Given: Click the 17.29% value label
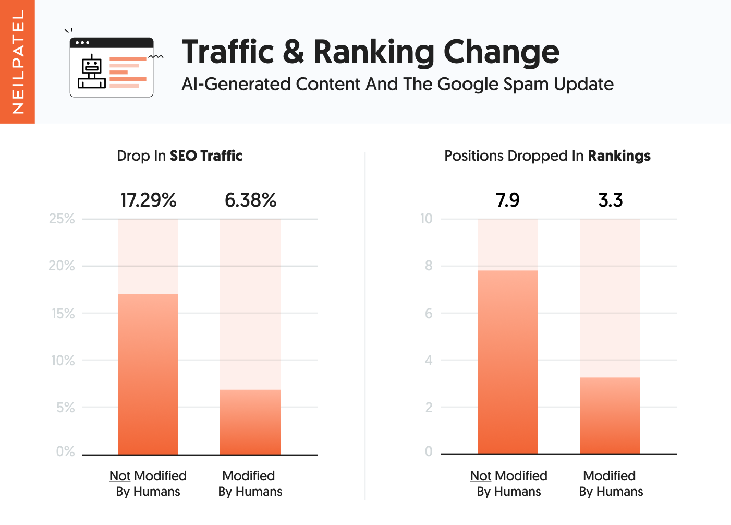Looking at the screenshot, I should coord(148,200).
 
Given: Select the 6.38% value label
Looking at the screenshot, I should coord(250,200).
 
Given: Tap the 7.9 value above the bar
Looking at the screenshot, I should coord(507,200).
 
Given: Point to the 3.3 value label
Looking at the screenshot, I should coord(610,200).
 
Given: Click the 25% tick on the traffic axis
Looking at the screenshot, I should coord(62,219).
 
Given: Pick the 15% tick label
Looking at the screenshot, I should coord(63,314).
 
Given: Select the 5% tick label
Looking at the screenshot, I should coord(66,408).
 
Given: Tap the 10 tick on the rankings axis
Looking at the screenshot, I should coord(426,219).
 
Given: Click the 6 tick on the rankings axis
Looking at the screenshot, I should coord(429,314).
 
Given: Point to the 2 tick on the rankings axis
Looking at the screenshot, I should coord(429,408).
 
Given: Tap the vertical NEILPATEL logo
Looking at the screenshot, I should coord(17,62).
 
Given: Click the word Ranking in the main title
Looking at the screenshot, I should coord(373,52).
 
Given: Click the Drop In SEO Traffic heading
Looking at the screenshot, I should coord(179,156).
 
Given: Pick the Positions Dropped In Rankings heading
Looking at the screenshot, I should coord(547,156).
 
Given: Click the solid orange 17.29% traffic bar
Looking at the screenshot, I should coord(148,374).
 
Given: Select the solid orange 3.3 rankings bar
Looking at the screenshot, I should coord(610,415).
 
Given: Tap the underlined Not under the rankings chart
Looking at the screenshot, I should coord(481,476).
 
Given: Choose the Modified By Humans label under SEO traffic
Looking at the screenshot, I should coord(250,483).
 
